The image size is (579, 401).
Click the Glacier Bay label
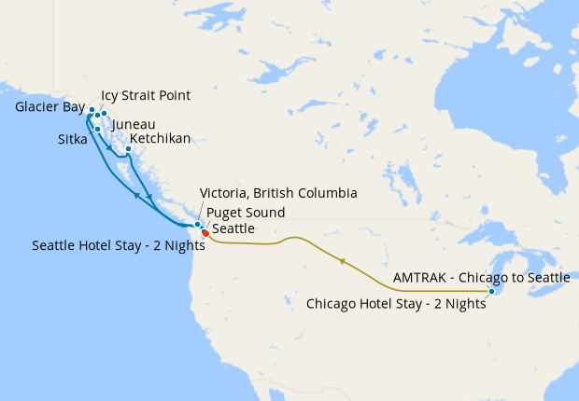tap(49, 107)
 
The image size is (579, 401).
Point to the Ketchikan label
tap(160, 139)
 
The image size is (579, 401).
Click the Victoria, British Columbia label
tap(278, 194)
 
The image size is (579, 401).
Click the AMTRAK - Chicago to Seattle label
tap(481, 278)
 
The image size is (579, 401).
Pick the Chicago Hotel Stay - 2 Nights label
tap(397, 303)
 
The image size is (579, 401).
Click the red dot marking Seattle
tap(205, 234)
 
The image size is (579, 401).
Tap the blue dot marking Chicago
tap(491, 292)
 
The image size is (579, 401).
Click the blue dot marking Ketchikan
tap(128, 148)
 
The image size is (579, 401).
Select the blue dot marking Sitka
tap(97, 130)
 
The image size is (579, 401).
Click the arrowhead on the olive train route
tap(344, 262)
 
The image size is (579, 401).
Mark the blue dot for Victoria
tap(197, 226)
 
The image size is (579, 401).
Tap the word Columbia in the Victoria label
tap(327, 194)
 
